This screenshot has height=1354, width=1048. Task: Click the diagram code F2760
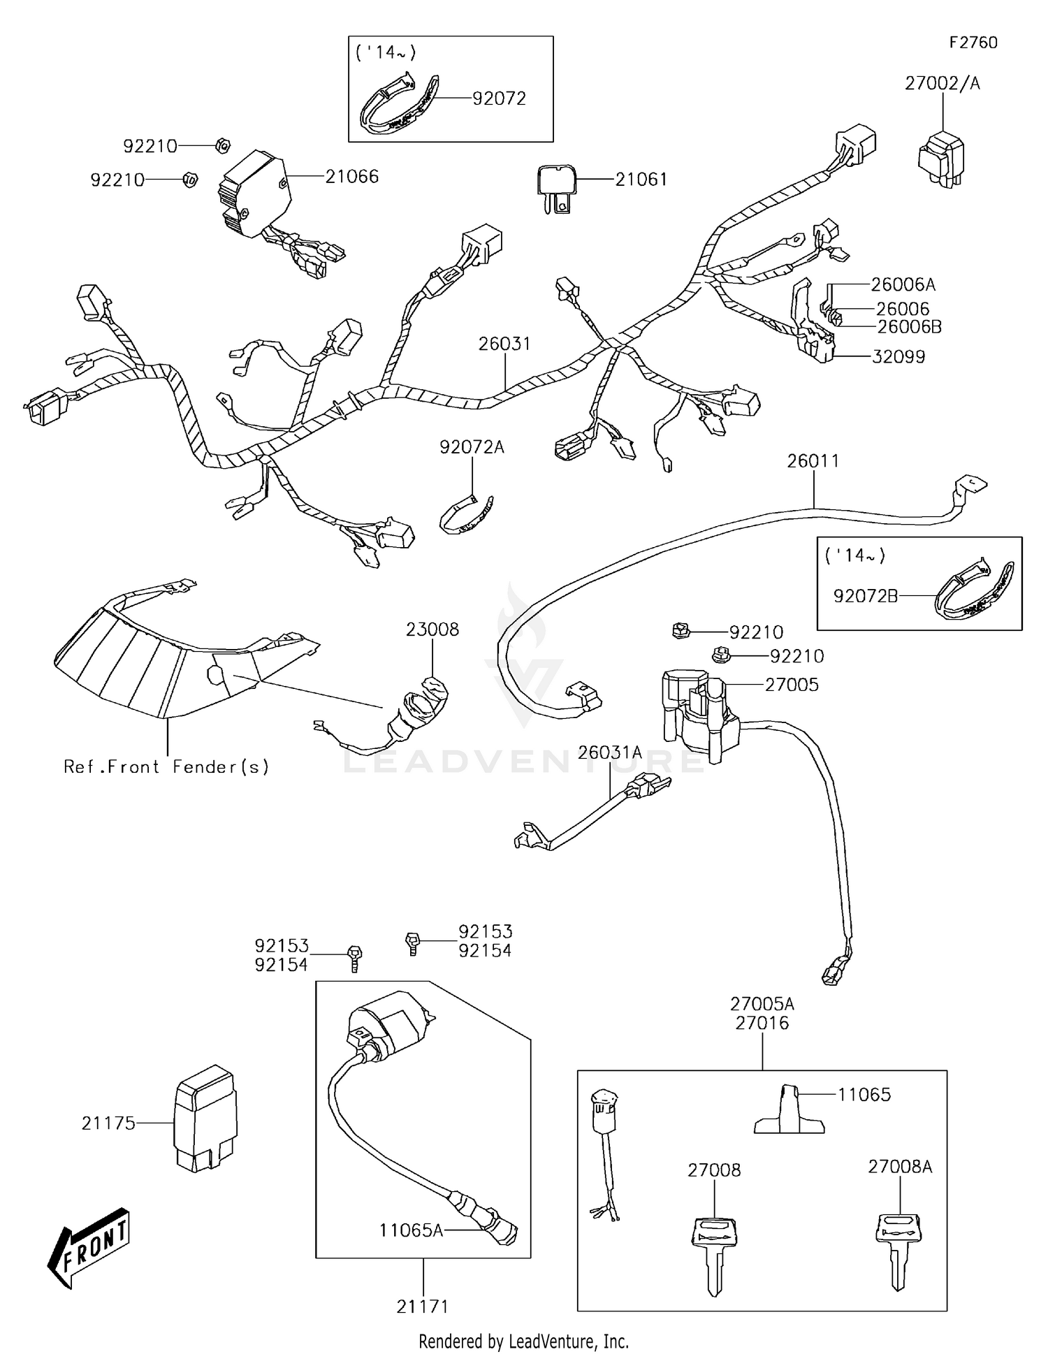973,43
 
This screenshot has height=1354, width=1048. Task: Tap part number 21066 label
351,177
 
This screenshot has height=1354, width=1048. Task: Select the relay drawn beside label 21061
557,187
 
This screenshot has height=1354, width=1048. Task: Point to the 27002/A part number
942,83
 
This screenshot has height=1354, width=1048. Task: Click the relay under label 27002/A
941,159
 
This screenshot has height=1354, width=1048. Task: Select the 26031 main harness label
504,344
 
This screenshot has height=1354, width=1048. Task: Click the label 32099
898,357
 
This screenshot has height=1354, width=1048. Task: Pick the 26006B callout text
909,327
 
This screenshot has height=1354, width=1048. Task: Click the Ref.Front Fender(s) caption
166,767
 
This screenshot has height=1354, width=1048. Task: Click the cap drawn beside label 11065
789,1111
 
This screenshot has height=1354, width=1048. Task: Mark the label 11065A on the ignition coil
411,1230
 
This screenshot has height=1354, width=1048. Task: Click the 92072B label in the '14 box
865,596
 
